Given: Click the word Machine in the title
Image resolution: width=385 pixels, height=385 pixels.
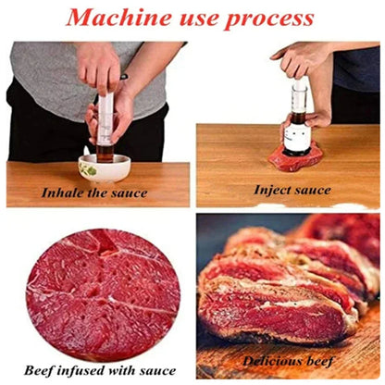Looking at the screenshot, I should click(x=115, y=18).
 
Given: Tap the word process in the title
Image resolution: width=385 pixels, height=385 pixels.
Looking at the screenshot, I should click(x=274, y=19).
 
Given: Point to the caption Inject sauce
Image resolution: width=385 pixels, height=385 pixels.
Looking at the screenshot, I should click(x=292, y=189).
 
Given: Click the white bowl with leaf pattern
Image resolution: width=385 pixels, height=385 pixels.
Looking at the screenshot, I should click(x=103, y=168).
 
